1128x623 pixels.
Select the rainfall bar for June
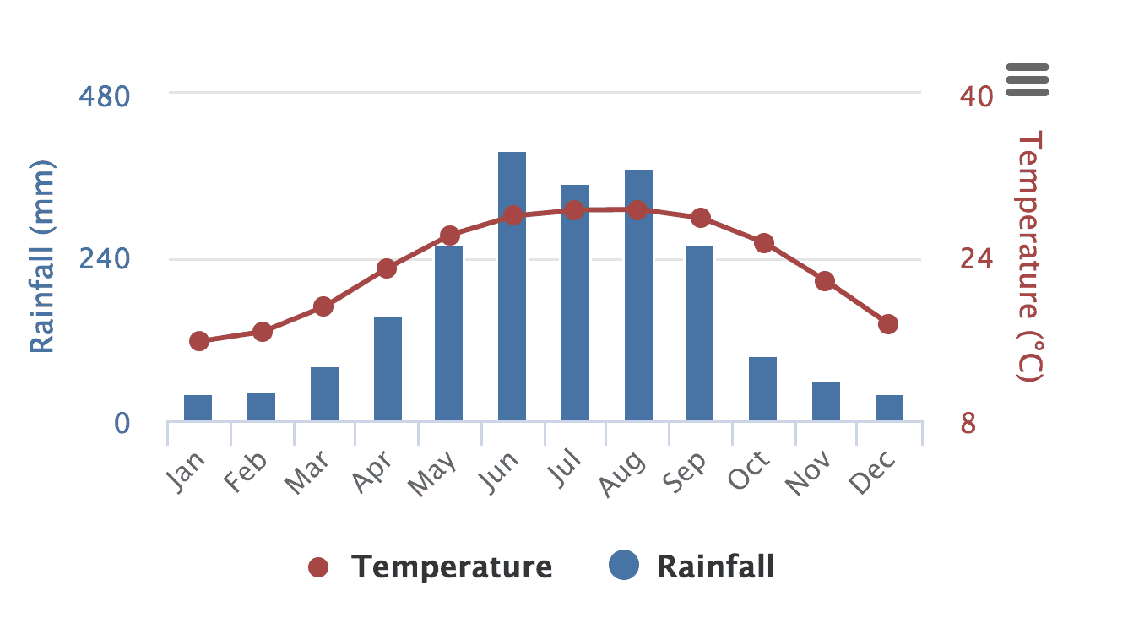(x=512, y=286)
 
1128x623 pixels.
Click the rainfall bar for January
(x=198, y=408)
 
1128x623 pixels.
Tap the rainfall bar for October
(x=762, y=388)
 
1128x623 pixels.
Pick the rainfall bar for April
(x=388, y=368)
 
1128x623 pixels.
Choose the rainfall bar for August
(x=638, y=295)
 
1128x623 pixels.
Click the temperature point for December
(x=887, y=324)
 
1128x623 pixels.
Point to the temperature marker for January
(x=199, y=341)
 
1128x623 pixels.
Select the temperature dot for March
(x=324, y=306)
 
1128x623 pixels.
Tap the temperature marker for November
(x=825, y=281)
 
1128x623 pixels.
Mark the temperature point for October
(x=764, y=243)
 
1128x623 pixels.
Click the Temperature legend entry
(x=431, y=567)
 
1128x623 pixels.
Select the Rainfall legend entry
(x=692, y=566)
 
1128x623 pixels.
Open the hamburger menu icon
(x=1028, y=79)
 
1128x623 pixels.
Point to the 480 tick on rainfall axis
(x=105, y=96)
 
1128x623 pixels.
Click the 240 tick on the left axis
(x=105, y=258)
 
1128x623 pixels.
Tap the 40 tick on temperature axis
(x=976, y=96)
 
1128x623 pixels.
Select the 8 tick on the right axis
(x=968, y=423)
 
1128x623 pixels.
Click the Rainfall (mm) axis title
(x=41, y=257)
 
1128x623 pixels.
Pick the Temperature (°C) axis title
(x=1030, y=257)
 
